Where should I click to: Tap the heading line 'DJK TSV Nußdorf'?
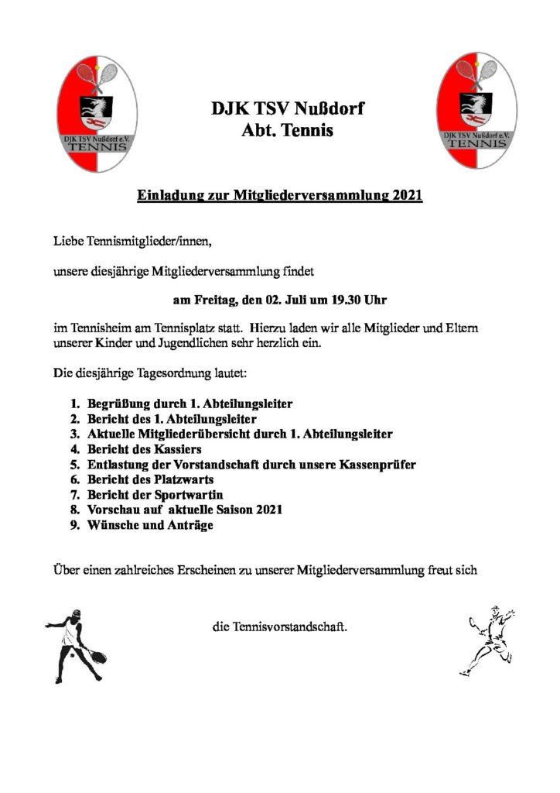pyautogui.click(x=287, y=108)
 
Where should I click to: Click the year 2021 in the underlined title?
pyautogui.click(x=407, y=196)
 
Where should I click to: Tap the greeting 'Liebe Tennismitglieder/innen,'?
pyautogui.click(x=131, y=242)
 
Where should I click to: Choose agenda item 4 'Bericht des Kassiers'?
pyautogui.click(x=146, y=448)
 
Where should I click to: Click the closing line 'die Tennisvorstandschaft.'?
pyautogui.click(x=279, y=625)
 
